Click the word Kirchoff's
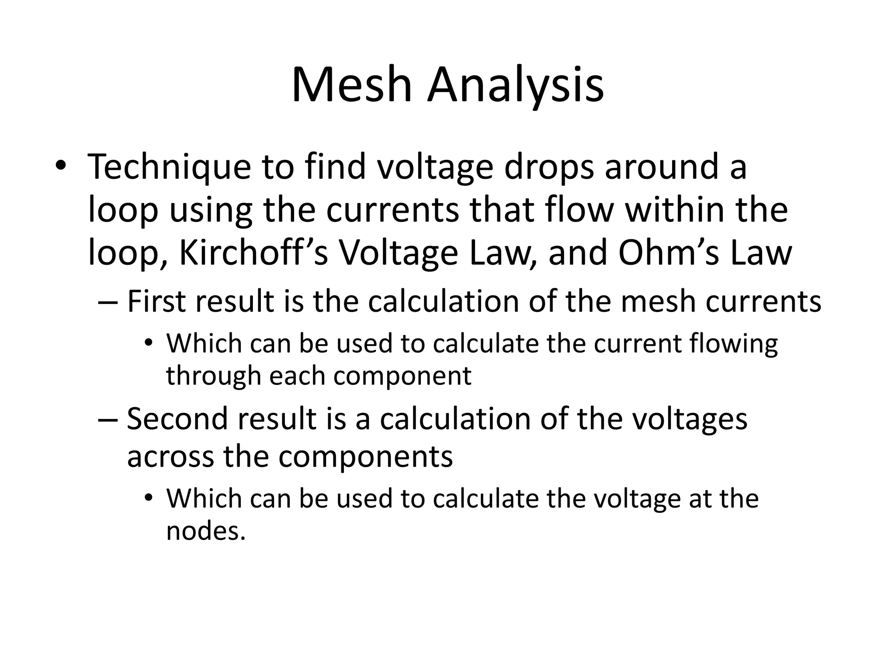pos(253,253)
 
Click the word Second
pos(177,419)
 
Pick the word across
pos(170,457)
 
